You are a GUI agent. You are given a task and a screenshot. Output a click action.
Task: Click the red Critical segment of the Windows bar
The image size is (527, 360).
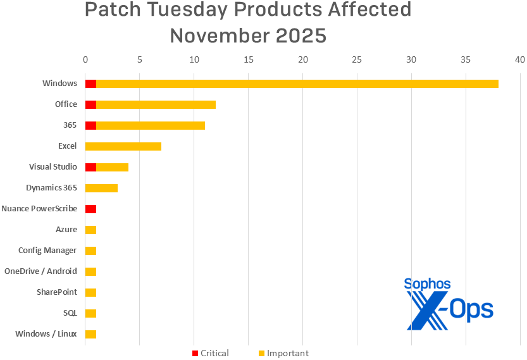point(90,84)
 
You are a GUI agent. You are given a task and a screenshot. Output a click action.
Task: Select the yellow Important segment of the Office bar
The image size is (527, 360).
point(156,104)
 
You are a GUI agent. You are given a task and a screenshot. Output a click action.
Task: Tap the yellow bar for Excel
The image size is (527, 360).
point(123,146)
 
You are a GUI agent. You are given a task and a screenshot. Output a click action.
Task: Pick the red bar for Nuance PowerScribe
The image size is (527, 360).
point(90,209)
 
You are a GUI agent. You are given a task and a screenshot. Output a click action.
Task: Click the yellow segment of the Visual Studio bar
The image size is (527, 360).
point(112,167)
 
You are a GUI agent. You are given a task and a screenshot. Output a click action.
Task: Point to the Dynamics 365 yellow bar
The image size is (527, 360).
point(101,188)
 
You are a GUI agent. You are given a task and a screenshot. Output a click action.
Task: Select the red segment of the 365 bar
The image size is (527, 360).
point(90,125)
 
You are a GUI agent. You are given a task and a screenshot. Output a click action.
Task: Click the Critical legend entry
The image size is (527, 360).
point(211,353)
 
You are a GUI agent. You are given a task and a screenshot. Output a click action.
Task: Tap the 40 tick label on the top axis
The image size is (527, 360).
point(520,59)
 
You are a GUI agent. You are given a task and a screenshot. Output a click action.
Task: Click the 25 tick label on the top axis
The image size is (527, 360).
point(357,59)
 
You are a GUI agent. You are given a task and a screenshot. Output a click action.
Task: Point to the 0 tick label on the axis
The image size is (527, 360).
point(85,59)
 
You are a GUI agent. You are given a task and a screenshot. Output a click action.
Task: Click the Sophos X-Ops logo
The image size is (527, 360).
point(449,304)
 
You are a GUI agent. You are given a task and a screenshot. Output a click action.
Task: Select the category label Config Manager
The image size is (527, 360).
point(47,251)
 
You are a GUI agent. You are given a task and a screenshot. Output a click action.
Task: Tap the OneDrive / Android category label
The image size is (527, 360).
point(40,271)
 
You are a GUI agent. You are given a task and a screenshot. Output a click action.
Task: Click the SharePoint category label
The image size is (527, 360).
point(57,292)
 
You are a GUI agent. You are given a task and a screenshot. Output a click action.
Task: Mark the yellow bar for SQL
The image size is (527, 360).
point(90,313)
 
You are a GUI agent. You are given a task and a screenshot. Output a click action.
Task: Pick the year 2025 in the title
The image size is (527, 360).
point(301,35)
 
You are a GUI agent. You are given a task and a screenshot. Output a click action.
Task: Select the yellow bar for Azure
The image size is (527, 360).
point(90,230)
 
